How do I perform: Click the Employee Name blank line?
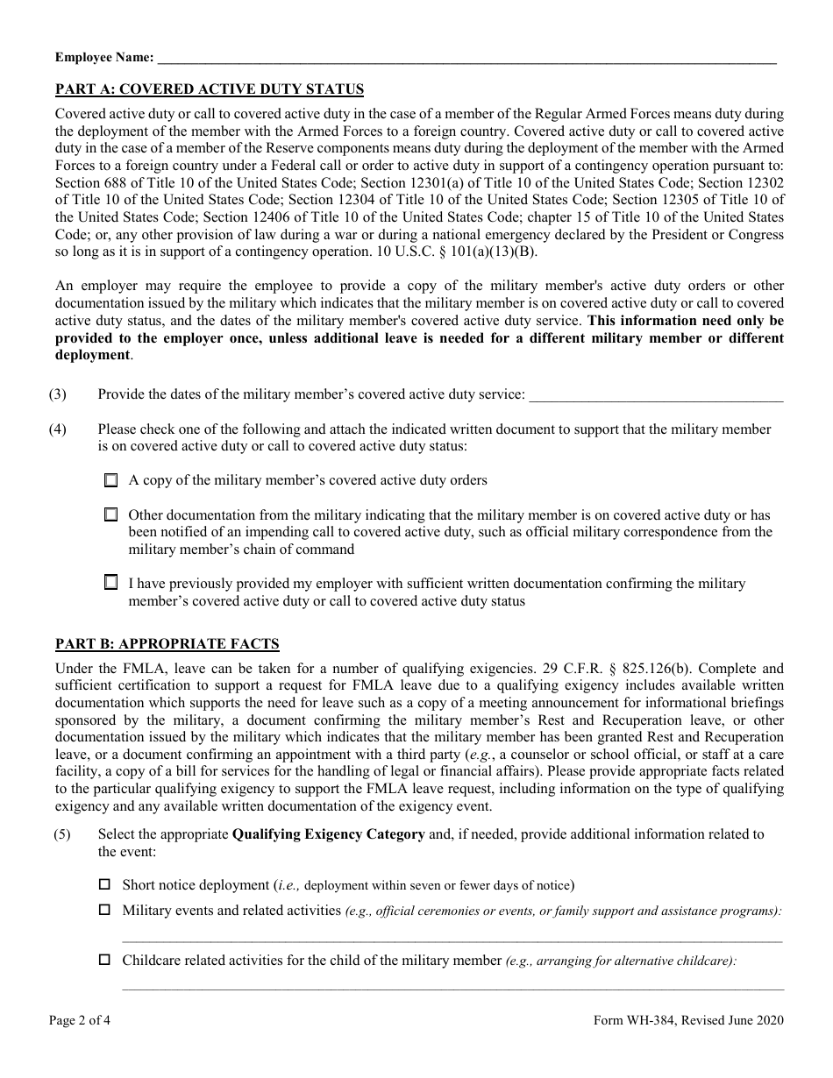[x=465, y=60]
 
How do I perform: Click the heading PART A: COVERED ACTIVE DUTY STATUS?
[x=210, y=89]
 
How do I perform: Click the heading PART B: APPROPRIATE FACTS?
[x=167, y=644]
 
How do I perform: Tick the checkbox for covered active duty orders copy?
[x=110, y=480]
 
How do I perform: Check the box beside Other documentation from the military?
[x=110, y=515]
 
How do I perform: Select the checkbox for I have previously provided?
[x=110, y=582]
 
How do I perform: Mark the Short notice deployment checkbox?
[x=105, y=885]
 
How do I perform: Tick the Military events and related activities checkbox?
[x=105, y=911]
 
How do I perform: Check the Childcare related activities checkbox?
[x=105, y=961]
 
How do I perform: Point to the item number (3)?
[x=58, y=394]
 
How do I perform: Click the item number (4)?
[x=58, y=429]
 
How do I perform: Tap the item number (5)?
[x=62, y=834]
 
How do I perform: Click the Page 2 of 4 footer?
[x=80, y=1020]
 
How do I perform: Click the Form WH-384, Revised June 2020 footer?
[x=688, y=1020]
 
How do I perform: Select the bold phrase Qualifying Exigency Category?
[x=328, y=834]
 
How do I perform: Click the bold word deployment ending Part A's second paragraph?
[x=92, y=355]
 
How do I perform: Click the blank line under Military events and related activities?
[x=452, y=938]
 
